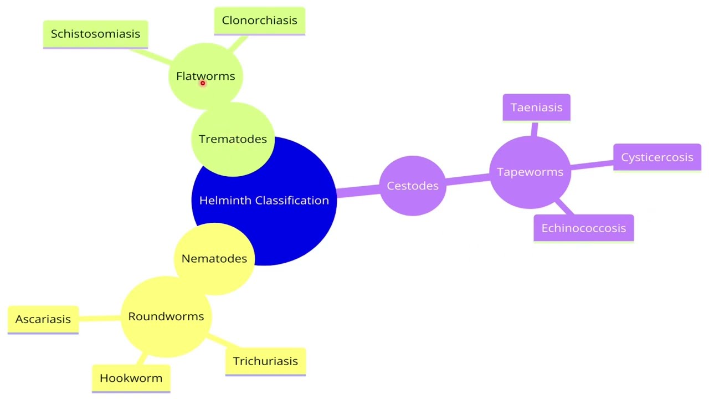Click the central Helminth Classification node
[264, 211]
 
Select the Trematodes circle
[233, 139]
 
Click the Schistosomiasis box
[95, 34]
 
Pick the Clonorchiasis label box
[259, 21]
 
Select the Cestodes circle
[413, 186]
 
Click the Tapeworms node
[530, 172]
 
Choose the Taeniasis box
[536, 108]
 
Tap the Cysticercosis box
[657, 157]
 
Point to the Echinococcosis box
[583, 228]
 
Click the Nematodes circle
[214, 258]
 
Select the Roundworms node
[166, 316]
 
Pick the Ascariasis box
[43, 319]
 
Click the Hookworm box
[131, 378]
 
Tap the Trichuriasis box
[265, 361]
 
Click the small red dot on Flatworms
[203, 83]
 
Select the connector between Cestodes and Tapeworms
[467, 178]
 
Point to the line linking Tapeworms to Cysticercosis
[592, 165]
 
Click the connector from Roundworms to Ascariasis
[100, 318]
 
